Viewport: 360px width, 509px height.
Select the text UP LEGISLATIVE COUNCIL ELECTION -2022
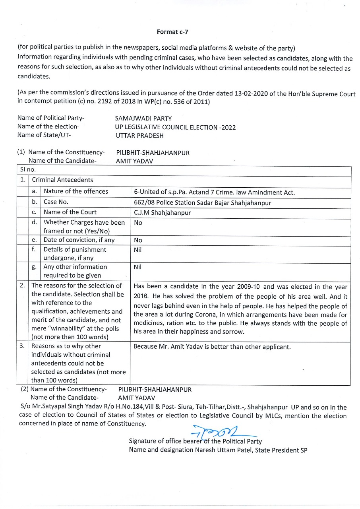point(175,127)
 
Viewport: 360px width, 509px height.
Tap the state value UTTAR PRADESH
point(139,136)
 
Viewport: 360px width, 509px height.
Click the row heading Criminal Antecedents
point(62,180)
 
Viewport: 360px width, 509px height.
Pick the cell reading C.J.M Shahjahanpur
point(163,212)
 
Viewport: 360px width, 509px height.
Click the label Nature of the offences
point(75,191)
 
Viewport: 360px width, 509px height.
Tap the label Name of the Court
point(70,212)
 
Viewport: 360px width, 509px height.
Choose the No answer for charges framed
point(138,223)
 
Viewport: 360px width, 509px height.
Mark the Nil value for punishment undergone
point(137,250)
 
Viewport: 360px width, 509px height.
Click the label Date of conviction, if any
point(79,240)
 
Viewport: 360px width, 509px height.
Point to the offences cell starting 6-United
point(214,192)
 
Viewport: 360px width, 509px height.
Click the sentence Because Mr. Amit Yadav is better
point(212,347)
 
